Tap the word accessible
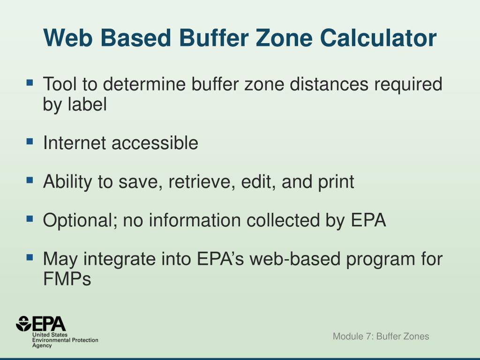pos(155,143)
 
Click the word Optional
pos(80,220)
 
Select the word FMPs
pos(67,279)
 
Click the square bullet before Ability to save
pos(30,179)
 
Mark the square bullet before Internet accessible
pos(30,141)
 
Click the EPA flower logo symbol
pos(23,323)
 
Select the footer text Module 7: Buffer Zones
pos(381,336)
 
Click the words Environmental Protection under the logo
pos(65,340)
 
